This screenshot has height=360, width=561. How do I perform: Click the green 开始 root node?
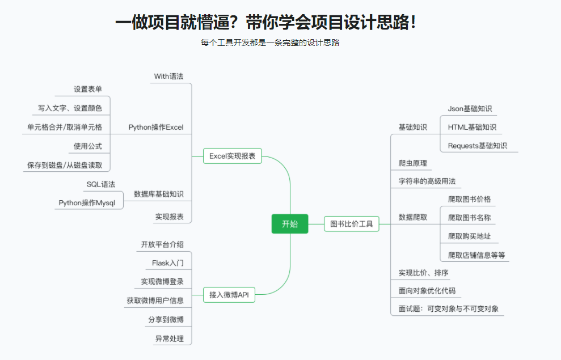pos(289,224)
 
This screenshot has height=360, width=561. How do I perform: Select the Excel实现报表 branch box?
pos(232,156)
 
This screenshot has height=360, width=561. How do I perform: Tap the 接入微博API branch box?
pos(229,295)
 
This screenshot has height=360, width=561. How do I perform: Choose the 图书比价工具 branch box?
pos(352,224)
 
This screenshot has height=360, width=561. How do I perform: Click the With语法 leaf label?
pos(168,76)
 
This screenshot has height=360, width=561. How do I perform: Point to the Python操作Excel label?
pos(156,127)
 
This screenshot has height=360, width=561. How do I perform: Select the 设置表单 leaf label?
pos(88,89)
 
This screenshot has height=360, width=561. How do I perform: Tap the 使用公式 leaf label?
pos(88,146)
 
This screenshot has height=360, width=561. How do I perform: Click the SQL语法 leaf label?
pos(101,184)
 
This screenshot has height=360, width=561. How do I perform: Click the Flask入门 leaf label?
pos(168,263)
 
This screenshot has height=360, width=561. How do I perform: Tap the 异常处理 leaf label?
pos(170,338)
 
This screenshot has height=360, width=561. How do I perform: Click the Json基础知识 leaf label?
pos(470,108)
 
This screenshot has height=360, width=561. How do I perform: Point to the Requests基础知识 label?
pos(478,146)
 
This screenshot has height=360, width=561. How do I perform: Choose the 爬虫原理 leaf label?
pos(413,163)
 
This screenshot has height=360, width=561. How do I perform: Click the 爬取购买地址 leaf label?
pos(470,236)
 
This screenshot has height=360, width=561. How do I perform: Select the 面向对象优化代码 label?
pos(427,291)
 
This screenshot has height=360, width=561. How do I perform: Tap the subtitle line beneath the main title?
pos(270,43)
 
